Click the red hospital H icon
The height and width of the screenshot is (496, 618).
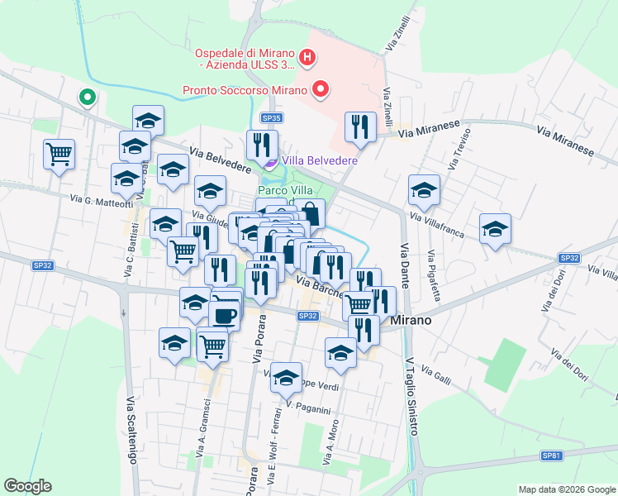pyautogui.click(x=307, y=57)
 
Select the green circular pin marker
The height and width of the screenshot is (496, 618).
pyautogui.click(x=87, y=98)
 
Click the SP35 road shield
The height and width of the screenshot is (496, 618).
pyautogui.click(x=270, y=118)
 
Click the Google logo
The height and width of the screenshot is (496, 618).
pyautogui.click(x=27, y=486)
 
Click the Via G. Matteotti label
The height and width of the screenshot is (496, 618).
pyautogui.click(x=102, y=199)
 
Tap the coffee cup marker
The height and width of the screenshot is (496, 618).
pyautogui.click(x=224, y=315)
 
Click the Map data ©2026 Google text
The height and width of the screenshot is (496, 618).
pyautogui.click(x=566, y=489)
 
